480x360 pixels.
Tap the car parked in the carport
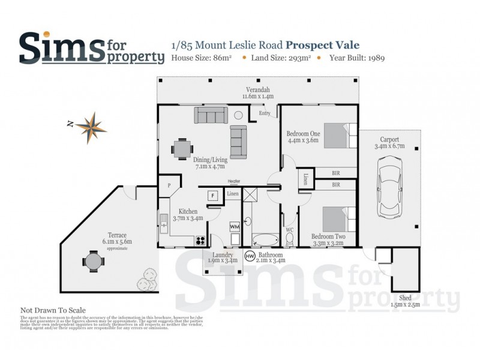click(390, 187)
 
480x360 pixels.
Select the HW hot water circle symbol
click(250, 256)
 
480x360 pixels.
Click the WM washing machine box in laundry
click(235, 227)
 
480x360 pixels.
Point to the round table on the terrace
click(94, 262)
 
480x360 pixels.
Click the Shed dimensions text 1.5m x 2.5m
click(405, 305)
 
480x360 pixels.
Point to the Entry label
click(265, 113)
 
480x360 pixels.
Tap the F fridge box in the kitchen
click(211, 196)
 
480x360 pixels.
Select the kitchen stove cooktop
click(199, 241)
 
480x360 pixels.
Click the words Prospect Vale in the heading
click(323, 45)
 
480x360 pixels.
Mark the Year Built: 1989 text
click(355, 58)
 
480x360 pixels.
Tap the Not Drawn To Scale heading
click(53, 310)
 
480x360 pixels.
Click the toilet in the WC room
click(289, 240)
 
